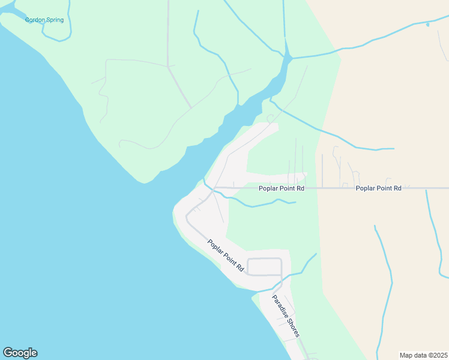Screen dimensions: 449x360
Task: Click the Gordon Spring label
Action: tap(44, 20)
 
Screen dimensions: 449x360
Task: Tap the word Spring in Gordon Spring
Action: tap(53, 20)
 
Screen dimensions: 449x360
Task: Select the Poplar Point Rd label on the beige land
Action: tap(378, 188)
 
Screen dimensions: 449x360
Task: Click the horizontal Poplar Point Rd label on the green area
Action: tap(281, 188)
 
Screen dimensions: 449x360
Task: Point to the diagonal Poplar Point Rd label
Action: tap(226, 255)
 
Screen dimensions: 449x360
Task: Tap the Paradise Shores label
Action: tap(285, 316)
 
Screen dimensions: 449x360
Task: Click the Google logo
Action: tap(20, 353)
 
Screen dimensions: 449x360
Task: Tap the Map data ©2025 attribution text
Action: tap(423, 355)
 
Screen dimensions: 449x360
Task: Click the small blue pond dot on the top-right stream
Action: tap(427, 25)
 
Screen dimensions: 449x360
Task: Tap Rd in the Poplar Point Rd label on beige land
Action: tap(397, 188)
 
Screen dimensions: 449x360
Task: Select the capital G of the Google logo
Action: tap(7, 353)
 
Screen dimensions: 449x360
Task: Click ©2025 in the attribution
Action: tap(436, 355)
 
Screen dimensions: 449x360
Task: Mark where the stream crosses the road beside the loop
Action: tap(282, 275)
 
